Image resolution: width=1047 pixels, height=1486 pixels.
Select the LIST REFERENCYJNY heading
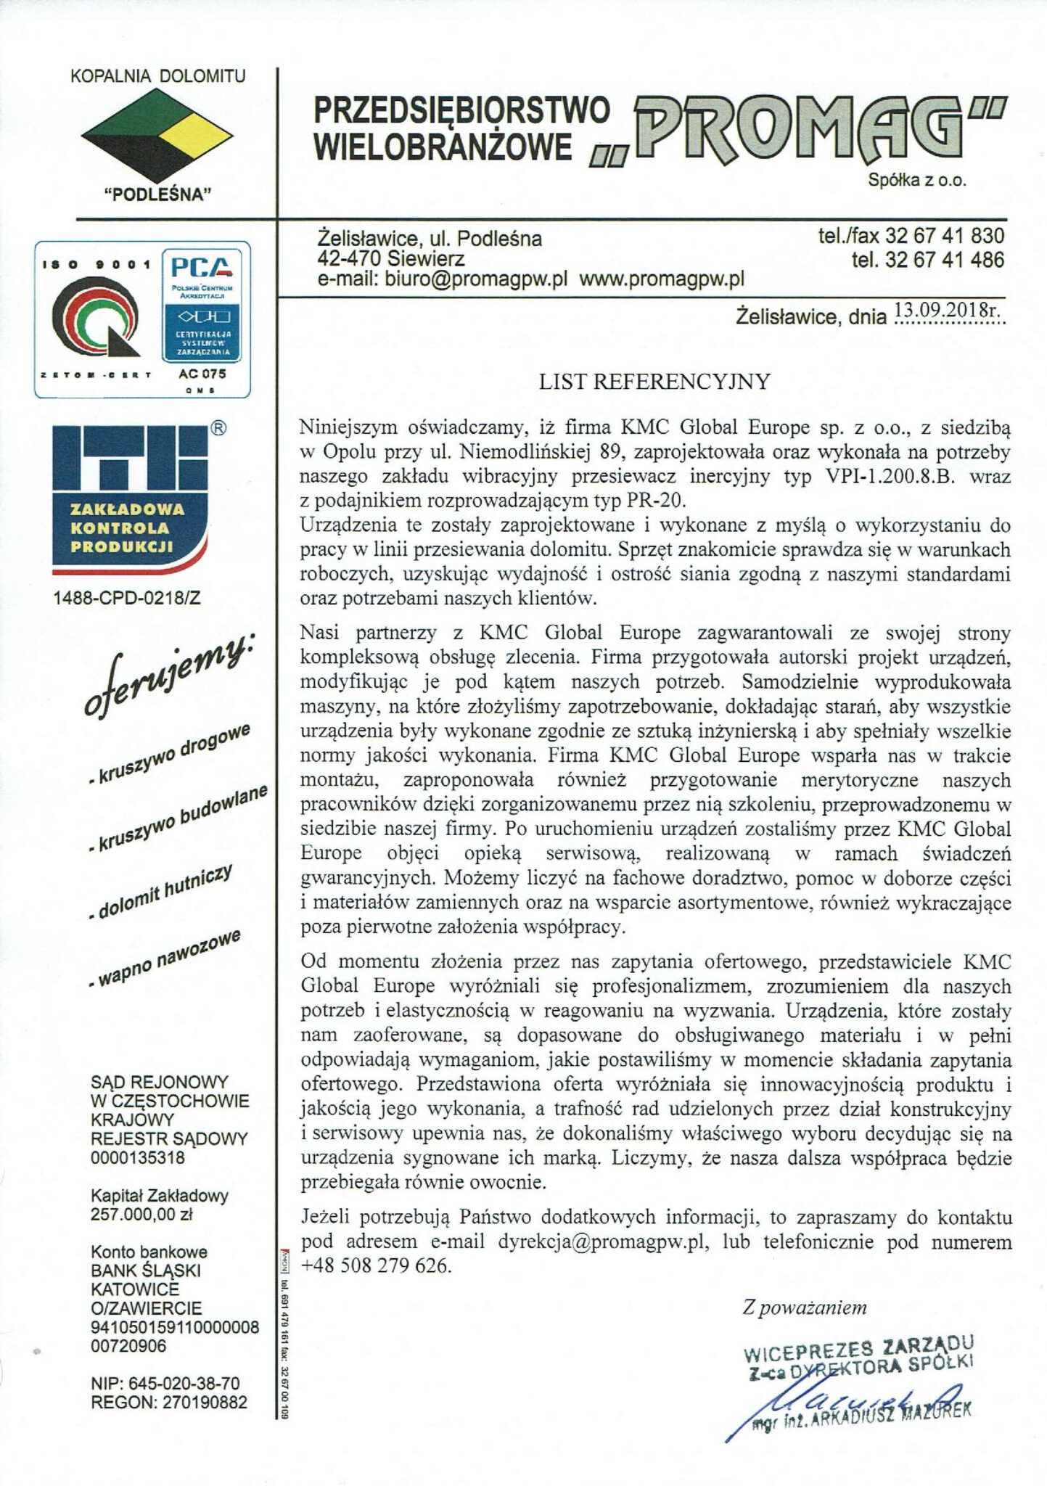(653, 382)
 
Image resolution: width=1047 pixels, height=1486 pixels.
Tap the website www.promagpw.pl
(662, 280)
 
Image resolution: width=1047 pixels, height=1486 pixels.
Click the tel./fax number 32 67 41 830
(944, 236)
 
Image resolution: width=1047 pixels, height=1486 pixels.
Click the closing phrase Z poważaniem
(805, 1308)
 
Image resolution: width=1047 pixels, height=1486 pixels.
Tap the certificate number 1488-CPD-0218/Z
(127, 598)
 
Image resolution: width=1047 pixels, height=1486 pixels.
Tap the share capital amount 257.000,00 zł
(141, 1214)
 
